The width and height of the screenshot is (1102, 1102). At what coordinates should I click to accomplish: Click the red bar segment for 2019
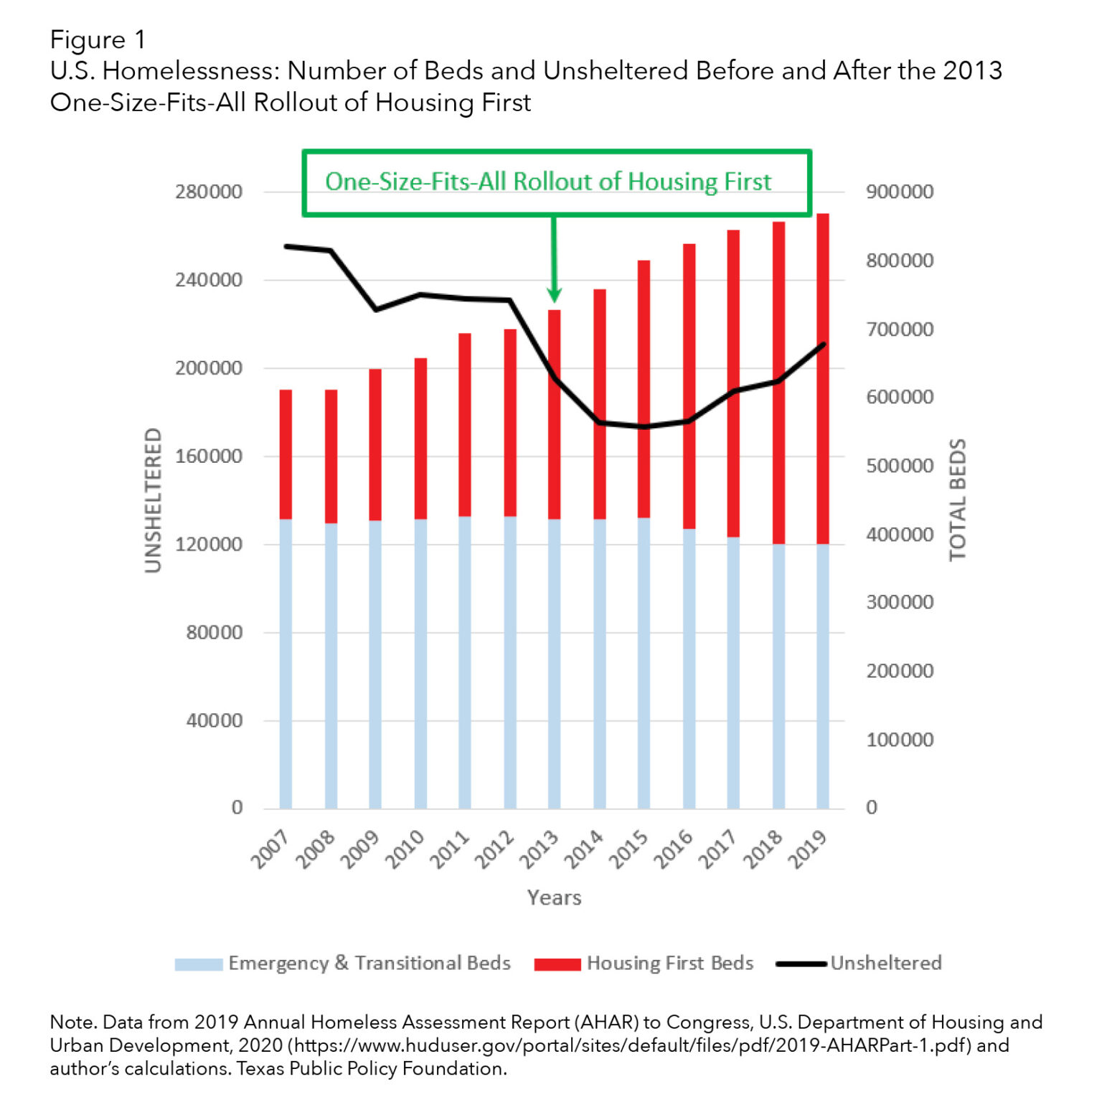click(x=822, y=378)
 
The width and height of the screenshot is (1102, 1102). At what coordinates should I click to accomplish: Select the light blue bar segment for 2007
click(x=286, y=664)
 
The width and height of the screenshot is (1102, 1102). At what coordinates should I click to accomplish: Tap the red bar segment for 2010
click(x=420, y=438)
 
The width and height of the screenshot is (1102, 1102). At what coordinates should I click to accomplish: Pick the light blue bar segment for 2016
click(x=689, y=669)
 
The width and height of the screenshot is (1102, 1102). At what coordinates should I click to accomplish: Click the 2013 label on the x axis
click(x=540, y=849)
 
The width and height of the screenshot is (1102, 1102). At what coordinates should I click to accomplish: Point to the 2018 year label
click(x=763, y=849)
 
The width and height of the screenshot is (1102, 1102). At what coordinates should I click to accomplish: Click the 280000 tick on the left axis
click(x=208, y=192)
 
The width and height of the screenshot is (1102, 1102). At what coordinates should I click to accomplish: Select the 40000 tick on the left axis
click(x=214, y=720)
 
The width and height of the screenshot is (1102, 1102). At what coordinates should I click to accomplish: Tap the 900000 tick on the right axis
click(x=900, y=192)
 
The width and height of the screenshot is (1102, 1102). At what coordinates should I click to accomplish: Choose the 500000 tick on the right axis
click(x=900, y=466)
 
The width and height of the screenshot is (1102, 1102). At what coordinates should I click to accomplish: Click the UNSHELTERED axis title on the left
click(x=153, y=500)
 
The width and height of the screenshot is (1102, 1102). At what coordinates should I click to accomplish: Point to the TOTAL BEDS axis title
click(x=958, y=500)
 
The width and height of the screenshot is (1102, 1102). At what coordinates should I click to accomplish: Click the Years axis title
click(x=554, y=898)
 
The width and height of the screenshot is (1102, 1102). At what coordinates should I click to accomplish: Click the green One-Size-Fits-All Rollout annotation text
click(x=548, y=182)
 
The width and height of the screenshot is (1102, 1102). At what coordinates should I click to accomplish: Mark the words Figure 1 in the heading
click(x=98, y=39)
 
